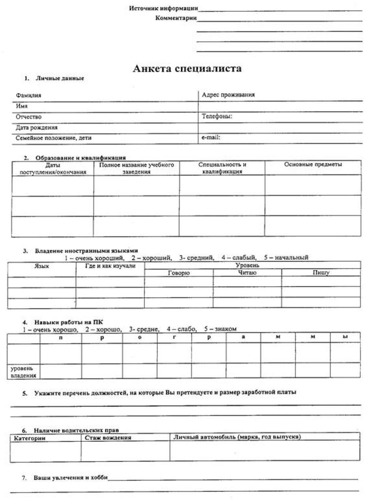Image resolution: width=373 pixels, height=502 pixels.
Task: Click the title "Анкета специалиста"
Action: point(187,69)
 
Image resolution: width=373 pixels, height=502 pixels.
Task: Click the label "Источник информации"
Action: point(163,9)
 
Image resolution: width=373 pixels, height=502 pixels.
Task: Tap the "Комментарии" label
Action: point(176,18)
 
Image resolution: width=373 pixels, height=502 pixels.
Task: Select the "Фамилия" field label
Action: point(28,95)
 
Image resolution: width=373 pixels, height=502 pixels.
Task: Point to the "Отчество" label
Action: point(28,117)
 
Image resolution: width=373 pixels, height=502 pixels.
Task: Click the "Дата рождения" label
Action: point(36,128)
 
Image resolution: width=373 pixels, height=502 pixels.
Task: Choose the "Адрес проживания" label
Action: point(228,95)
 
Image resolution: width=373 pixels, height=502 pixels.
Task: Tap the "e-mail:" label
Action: point(211,138)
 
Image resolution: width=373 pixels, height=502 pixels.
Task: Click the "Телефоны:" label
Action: point(217,117)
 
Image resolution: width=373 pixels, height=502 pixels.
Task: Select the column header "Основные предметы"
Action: point(313,165)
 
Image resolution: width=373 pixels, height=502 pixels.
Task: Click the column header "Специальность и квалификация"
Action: point(222,168)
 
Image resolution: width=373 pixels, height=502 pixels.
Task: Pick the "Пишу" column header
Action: point(321,272)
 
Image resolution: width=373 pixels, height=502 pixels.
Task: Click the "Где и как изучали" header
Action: point(110,266)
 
